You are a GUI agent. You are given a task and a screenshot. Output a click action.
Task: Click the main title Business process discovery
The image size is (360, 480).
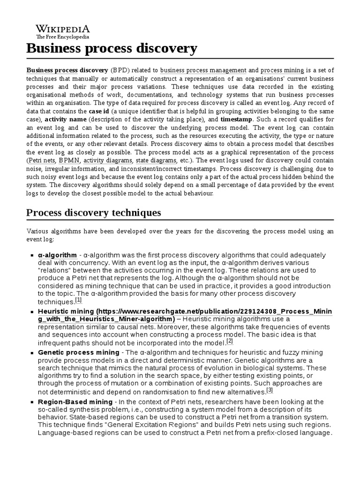pos(112,48)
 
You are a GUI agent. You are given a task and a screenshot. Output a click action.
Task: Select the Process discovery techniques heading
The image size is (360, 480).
pos(93,212)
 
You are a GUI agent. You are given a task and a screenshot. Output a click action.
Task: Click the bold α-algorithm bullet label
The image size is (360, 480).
pos(57,255)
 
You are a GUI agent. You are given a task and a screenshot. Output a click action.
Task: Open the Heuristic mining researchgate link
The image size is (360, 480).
pos(185,311)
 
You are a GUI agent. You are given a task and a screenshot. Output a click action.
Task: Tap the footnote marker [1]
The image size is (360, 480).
pos(78,300)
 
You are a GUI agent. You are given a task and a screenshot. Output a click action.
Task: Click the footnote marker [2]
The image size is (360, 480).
pos(230,341)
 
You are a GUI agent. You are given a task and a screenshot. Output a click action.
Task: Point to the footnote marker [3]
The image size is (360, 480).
pos(269,390)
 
